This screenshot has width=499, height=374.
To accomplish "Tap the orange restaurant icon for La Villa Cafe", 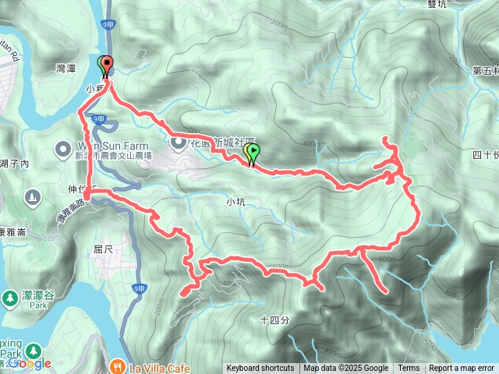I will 116,364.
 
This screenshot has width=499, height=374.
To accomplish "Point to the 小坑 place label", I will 235,201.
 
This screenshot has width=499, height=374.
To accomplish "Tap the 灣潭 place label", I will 66,69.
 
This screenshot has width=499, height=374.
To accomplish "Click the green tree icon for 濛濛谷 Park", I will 9,297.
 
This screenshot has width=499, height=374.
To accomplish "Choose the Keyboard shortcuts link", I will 260,369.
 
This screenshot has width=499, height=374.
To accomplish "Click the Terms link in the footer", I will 409,369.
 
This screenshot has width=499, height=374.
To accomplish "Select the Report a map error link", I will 461,369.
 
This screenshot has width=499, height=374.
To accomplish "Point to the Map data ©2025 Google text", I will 345,369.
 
